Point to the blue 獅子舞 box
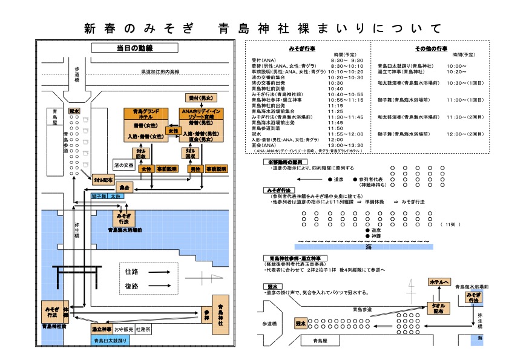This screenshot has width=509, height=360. tap(99, 197)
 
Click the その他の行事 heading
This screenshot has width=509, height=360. tap(431, 47)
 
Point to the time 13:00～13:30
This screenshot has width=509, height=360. tap(347, 145)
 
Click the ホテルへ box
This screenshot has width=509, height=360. tap(438, 283)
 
